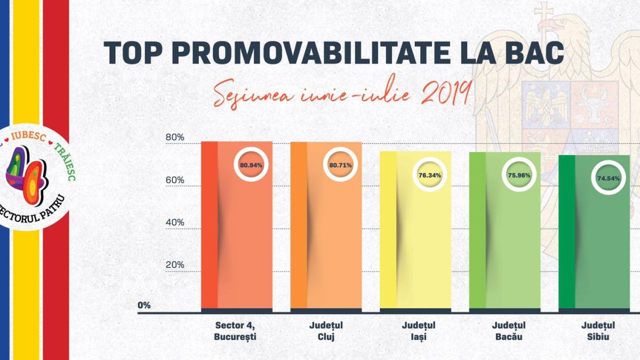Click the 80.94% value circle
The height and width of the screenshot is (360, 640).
point(251,165)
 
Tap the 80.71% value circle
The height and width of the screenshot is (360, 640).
point(340,165)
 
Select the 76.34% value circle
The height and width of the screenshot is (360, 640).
point(429,175)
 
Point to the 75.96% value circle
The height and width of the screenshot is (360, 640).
point(519,175)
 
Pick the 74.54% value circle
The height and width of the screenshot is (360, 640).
point(608,179)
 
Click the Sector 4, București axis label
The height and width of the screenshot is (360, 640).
point(236,331)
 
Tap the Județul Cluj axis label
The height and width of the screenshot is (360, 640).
point(326,331)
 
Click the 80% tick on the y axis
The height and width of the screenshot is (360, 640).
point(174,138)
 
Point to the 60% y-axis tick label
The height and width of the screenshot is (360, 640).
point(174,180)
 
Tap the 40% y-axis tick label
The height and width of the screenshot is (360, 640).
point(174,222)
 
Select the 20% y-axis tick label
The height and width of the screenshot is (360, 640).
point(174,265)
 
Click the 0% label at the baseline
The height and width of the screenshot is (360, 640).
point(144,306)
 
